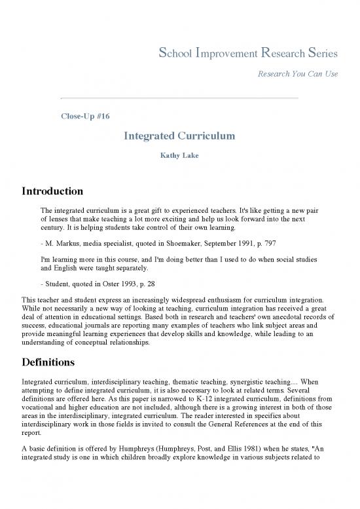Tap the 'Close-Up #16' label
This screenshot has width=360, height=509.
coord(84,116)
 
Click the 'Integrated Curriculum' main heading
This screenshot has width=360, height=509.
coord(179,136)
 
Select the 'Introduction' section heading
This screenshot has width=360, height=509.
coord(52,192)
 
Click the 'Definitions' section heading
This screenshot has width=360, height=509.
coord(49,362)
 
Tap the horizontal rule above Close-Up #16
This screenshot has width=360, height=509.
coord(179,98)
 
